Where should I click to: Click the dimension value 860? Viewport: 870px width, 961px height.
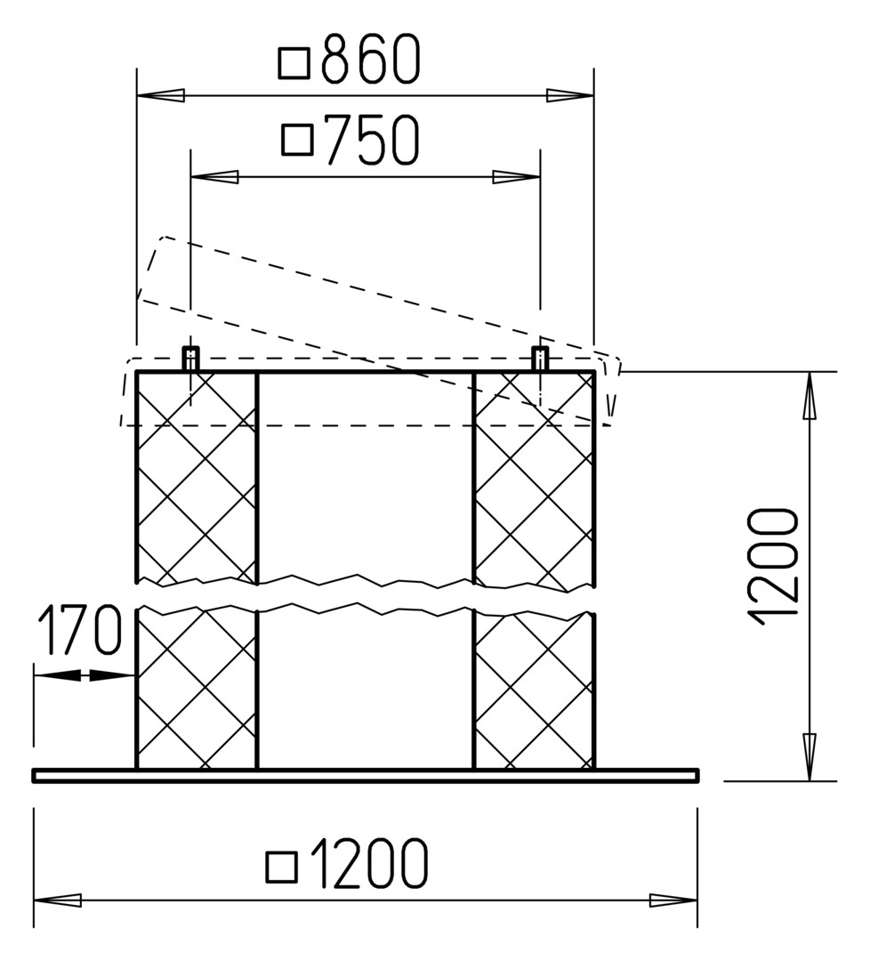click(x=371, y=59)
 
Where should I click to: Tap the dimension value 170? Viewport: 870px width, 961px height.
click(x=80, y=629)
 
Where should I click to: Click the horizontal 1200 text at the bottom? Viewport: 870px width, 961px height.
click(x=369, y=863)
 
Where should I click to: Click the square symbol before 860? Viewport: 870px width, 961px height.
click(x=294, y=64)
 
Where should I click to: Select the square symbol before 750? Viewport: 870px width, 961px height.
click(x=298, y=140)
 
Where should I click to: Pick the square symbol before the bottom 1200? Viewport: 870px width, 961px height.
click(x=282, y=868)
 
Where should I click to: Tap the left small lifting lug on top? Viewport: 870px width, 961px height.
click(x=191, y=359)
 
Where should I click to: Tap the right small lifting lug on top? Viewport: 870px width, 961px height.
click(x=540, y=359)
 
